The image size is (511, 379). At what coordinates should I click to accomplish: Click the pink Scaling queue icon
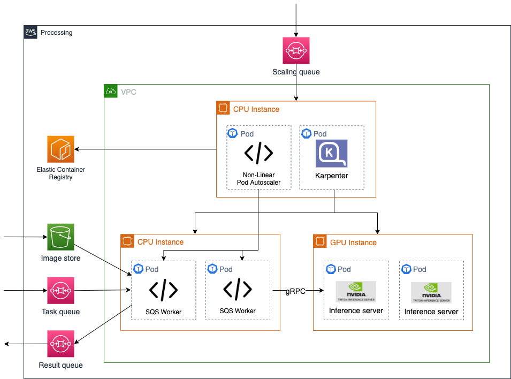[296, 51]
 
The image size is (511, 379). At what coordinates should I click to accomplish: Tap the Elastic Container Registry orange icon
[60, 149]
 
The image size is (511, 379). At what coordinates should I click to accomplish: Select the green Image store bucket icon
[60, 237]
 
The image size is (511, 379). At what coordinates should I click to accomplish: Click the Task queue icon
[60, 290]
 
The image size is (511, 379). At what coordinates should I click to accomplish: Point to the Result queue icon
[60, 344]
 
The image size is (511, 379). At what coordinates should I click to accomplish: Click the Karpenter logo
[331, 154]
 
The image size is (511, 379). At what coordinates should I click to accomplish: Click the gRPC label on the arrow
[296, 291]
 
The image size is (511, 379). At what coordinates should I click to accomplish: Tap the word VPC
[128, 92]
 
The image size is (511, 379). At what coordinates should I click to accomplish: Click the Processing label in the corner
[56, 33]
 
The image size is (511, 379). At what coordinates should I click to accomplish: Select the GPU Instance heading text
[353, 242]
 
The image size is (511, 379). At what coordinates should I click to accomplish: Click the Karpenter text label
[331, 176]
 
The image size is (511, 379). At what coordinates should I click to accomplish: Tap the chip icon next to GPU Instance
[320, 242]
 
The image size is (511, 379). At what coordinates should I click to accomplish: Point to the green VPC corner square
[111, 92]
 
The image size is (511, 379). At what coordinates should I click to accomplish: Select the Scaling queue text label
[296, 72]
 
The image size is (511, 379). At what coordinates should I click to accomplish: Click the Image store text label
[60, 258]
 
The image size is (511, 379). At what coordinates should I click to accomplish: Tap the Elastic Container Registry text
[60, 173]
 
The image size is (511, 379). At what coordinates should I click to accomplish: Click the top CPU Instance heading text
[256, 109]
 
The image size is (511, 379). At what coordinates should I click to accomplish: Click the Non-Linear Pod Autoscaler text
[258, 179]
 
